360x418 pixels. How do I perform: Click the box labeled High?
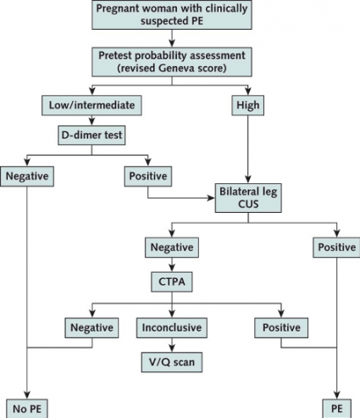click(248, 106)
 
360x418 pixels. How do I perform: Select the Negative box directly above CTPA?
click(172, 249)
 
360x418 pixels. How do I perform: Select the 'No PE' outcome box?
click(25, 409)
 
